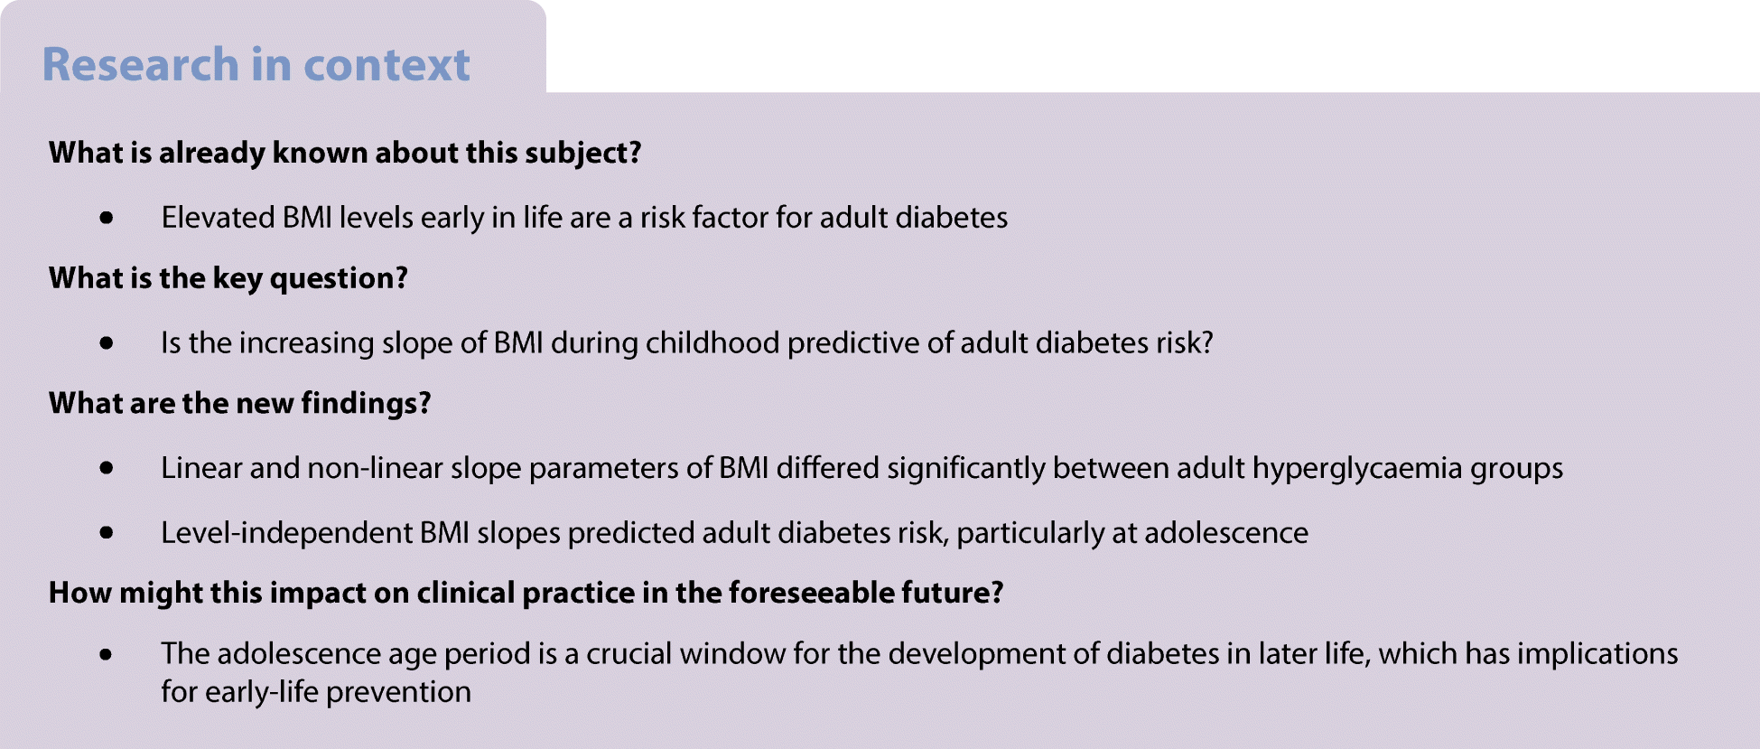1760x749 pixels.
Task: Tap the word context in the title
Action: (386, 65)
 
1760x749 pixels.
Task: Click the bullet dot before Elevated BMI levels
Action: (107, 218)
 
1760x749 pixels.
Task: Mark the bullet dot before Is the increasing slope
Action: (107, 343)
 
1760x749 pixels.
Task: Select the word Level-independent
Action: (286, 533)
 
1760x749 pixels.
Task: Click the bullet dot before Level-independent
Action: (107, 533)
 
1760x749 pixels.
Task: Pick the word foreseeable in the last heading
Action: (812, 593)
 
